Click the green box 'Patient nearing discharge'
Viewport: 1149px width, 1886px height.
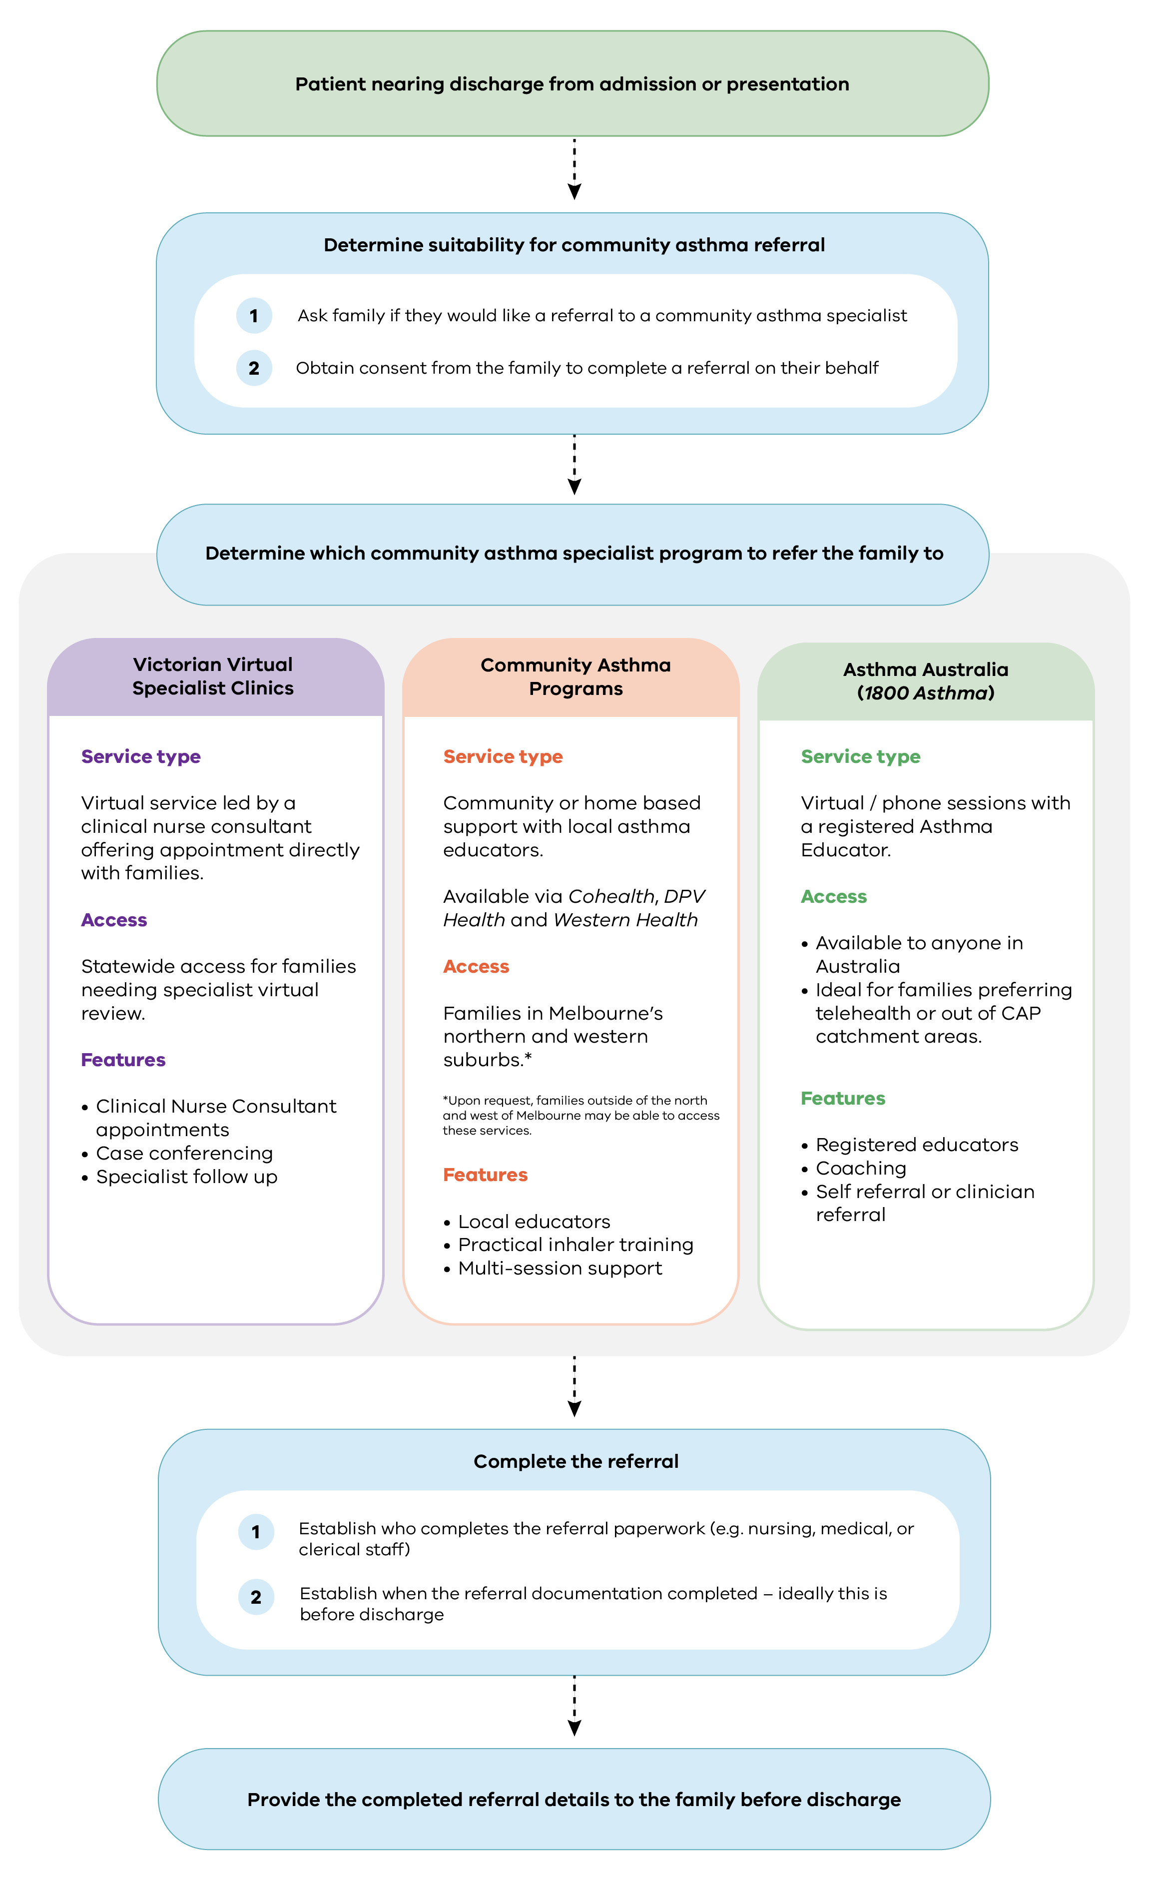[x=573, y=83]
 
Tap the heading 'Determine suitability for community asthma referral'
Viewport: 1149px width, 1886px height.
[x=574, y=245]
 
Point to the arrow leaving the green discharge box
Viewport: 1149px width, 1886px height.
[x=574, y=168]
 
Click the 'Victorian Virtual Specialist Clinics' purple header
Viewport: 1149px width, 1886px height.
[x=215, y=676]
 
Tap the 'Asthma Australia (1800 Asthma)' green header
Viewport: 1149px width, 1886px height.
[x=926, y=681]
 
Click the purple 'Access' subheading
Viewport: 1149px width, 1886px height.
[x=114, y=920]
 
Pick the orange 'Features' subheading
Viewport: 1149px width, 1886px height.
[x=485, y=1175]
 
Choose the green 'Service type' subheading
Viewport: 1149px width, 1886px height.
[x=860, y=757]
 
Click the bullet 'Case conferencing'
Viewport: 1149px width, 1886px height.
[x=184, y=1154]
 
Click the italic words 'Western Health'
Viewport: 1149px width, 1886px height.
[x=625, y=920]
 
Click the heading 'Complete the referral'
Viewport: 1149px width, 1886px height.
[x=575, y=1462]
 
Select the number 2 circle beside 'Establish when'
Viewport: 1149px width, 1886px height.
[x=256, y=1597]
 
